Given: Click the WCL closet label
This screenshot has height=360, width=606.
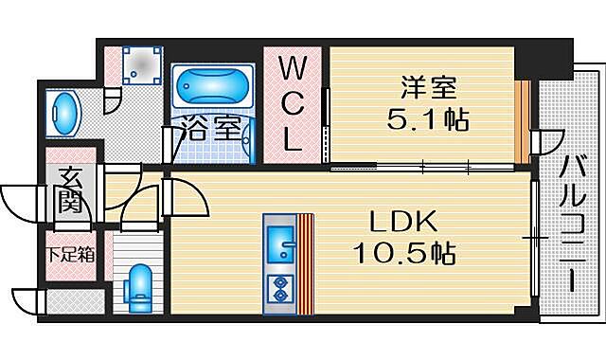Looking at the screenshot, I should pyautogui.click(x=294, y=103).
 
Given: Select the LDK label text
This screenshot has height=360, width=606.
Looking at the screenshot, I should pyautogui.click(x=401, y=222).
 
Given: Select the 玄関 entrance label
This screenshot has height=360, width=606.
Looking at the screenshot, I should pyautogui.click(x=69, y=189).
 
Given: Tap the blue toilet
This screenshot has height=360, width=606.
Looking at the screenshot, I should pyautogui.click(x=141, y=284).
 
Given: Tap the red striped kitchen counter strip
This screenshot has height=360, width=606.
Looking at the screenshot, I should pyautogui.click(x=305, y=262).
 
